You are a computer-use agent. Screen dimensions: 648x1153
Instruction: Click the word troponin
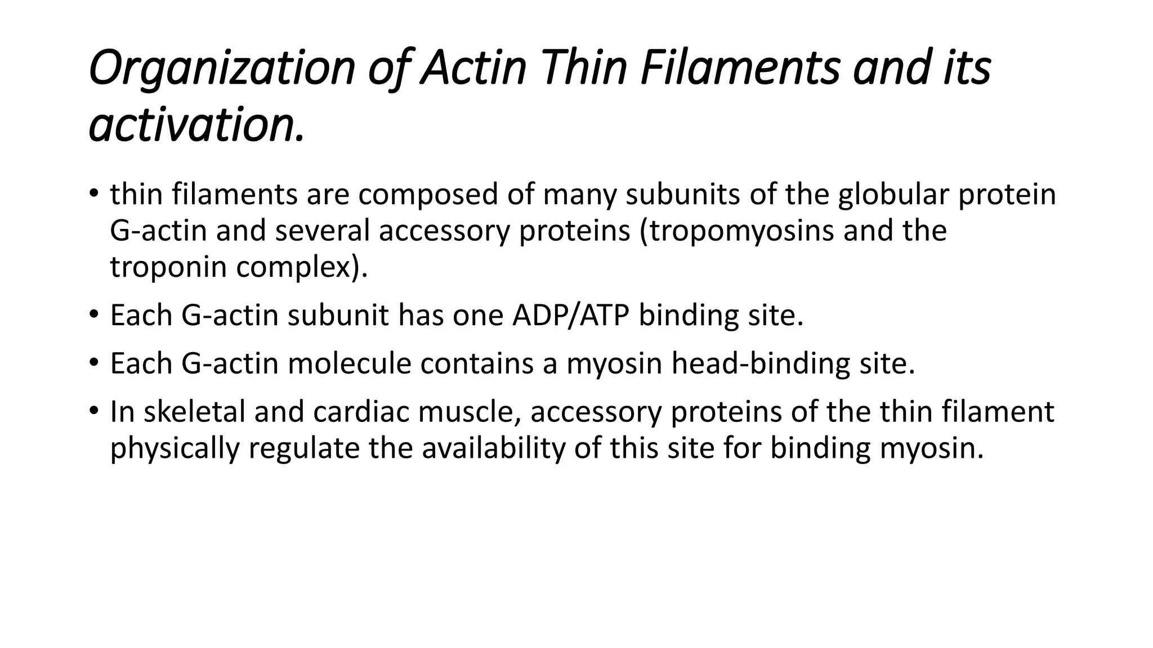pyautogui.click(x=168, y=267)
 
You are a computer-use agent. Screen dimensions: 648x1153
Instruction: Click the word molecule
pyautogui.click(x=350, y=363)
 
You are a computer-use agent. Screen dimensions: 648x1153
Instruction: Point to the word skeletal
pyautogui.click(x=194, y=412)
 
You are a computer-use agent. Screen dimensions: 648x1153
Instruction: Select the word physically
pyautogui.click(x=175, y=449)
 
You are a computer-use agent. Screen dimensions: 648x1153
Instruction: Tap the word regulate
pyautogui.click(x=303, y=449)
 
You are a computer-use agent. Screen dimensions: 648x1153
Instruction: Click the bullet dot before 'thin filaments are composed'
pyautogui.click(x=93, y=194)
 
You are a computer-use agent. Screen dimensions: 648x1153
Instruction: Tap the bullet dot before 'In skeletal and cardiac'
pyautogui.click(x=93, y=411)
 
